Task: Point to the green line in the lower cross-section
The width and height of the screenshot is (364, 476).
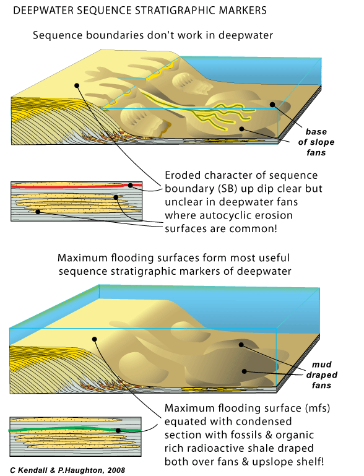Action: [x=74, y=428]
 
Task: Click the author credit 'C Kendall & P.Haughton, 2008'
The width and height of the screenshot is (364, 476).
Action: [x=67, y=470]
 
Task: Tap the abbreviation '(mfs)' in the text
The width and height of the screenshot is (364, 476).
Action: [x=305, y=409]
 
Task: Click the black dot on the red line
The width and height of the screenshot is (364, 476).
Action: [x=131, y=185]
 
